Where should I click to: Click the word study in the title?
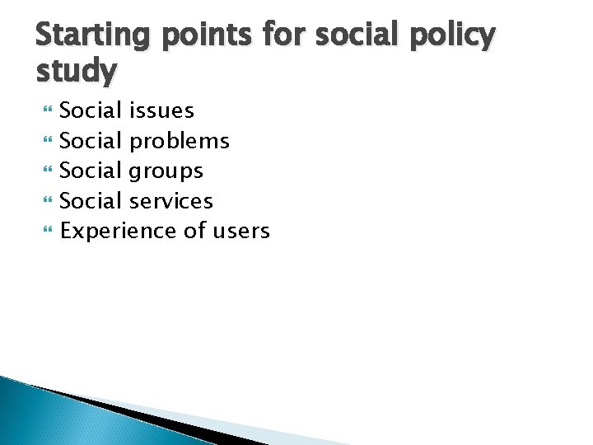pos(77,73)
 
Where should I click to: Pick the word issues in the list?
pos(162,110)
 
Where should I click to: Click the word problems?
pos(180,141)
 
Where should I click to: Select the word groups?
pos(167,171)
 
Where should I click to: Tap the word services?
pos(172,200)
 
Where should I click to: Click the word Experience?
pos(119,232)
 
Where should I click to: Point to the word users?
pos(240,232)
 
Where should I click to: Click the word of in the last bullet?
pos(194,231)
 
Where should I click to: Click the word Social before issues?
pos(91,110)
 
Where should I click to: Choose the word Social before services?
pos(91,200)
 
